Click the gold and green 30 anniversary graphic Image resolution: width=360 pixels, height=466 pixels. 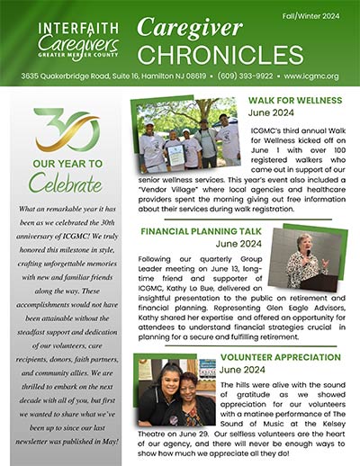(67, 130)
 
